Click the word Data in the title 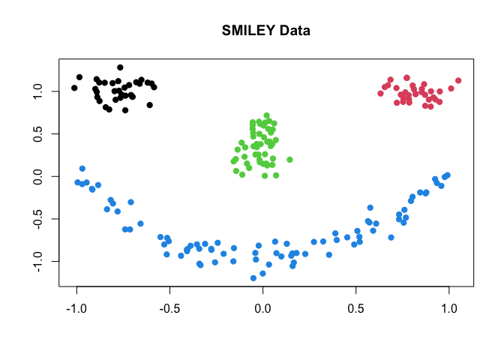click(295, 31)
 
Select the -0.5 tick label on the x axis click(169, 308)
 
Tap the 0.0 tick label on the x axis click(262, 308)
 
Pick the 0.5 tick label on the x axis click(356, 308)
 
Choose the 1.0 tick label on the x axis click(449, 308)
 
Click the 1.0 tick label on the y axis click(35, 91)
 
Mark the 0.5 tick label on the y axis click(35, 133)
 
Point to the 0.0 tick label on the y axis click(35, 176)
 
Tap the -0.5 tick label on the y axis click(35, 219)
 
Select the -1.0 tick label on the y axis click(35, 261)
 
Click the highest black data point click(120, 67)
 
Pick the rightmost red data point click(458, 80)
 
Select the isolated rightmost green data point click(289, 160)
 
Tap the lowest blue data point click(253, 278)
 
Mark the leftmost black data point click(74, 88)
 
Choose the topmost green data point click(266, 115)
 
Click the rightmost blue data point click(448, 175)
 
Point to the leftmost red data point click(381, 94)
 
